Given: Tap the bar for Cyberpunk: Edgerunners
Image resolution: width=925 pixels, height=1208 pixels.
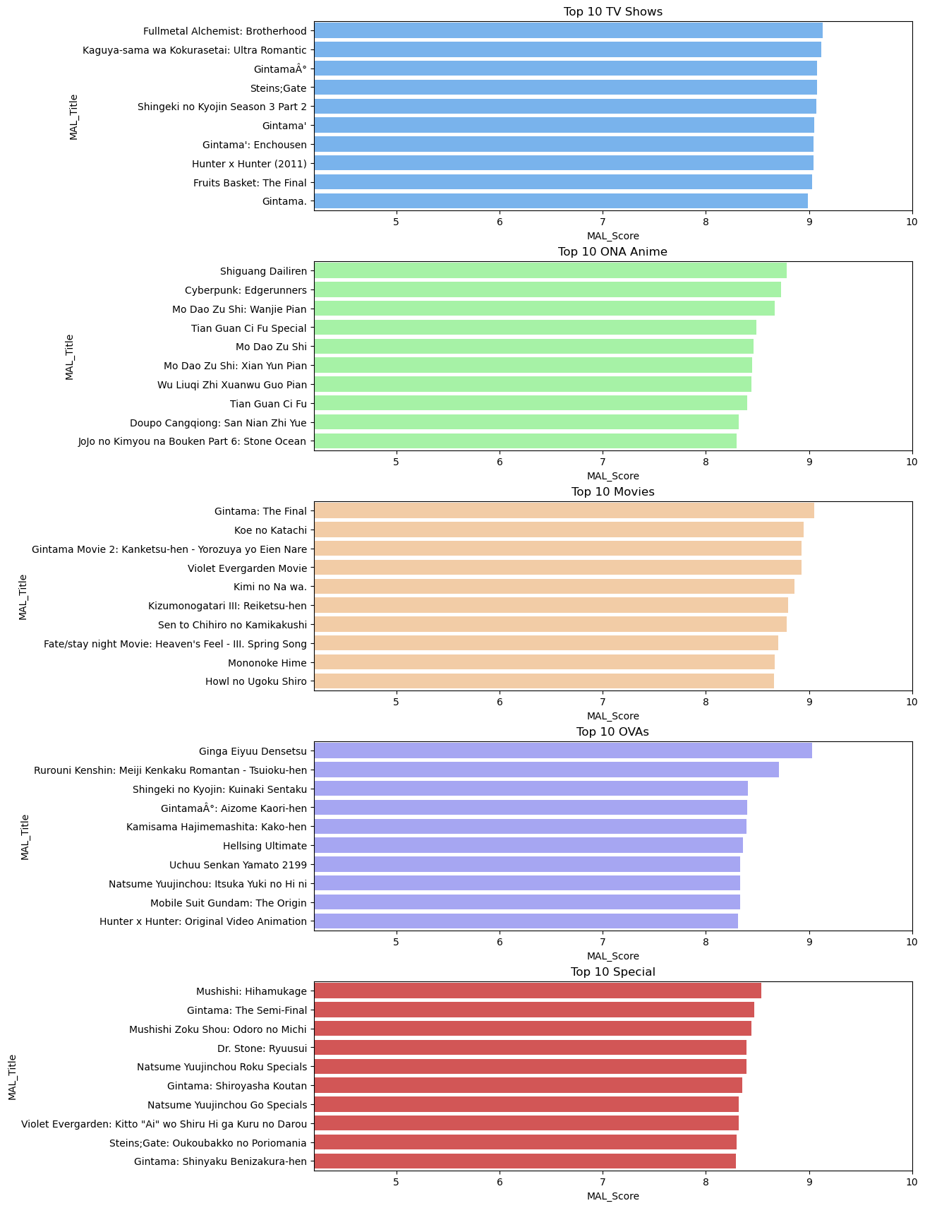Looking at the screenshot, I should [x=548, y=290].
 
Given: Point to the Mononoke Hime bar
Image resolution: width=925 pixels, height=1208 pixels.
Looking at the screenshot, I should [x=544, y=662].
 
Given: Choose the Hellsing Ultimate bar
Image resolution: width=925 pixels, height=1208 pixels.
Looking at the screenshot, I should [x=528, y=845].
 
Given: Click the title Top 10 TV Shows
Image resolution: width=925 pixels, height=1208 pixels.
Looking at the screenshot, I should [x=612, y=11].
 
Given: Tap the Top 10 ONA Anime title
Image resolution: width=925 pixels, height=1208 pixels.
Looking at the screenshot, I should [x=612, y=251].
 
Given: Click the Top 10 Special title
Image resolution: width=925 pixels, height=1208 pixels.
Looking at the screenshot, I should [x=612, y=971].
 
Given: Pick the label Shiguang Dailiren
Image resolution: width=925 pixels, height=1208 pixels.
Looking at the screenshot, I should [x=263, y=271].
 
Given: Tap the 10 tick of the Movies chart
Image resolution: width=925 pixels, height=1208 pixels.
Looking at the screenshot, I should [x=912, y=702].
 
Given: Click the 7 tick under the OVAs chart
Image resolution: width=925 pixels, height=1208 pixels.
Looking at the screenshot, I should [x=603, y=942].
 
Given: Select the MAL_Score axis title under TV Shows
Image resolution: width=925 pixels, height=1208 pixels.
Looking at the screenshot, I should [x=612, y=236].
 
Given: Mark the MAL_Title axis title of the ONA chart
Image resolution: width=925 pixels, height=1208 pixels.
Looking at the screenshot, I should [x=70, y=357].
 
